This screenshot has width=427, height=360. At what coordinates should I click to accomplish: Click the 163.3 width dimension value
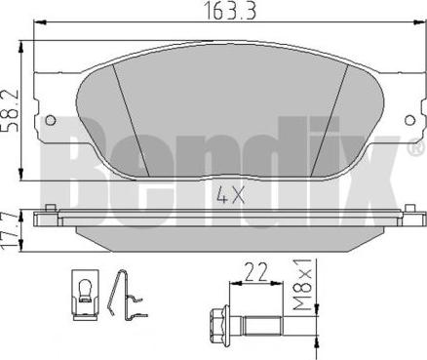230,11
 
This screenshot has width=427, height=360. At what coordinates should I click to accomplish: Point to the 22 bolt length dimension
255,272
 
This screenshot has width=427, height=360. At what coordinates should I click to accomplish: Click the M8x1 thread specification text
302,285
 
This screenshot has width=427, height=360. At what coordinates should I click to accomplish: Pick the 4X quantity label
230,195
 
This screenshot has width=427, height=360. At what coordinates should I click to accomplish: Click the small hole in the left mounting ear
50,120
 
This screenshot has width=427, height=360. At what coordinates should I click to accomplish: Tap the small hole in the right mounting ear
410,120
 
